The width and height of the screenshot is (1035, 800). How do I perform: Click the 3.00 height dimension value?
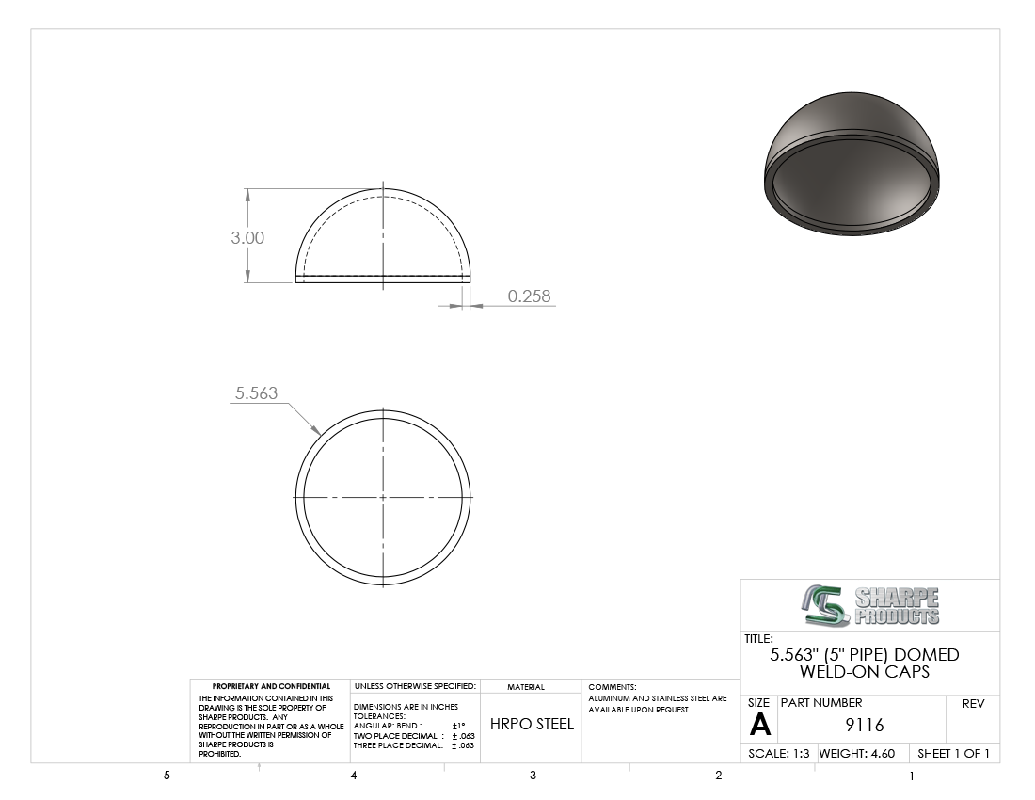pyautogui.click(x=247, y=237)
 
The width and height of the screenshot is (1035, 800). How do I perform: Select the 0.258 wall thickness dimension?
pyautogui.click(x=529, y=296)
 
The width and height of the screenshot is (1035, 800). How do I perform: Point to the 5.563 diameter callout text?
pyautogui.click(x=256, y=392)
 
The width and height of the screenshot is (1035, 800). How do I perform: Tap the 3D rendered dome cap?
pyautogui.click(x=852, y=164)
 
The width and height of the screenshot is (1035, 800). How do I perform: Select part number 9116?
pyautogui.click(x=865, y=725)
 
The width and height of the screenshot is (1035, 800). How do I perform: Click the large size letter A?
pyautogui.click(x=759, y=725)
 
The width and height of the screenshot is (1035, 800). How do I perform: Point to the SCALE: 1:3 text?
pyautogui.click(x=779, y=753)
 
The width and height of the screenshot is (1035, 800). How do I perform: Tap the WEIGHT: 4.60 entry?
pyautogui.click(x=857, y=753)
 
